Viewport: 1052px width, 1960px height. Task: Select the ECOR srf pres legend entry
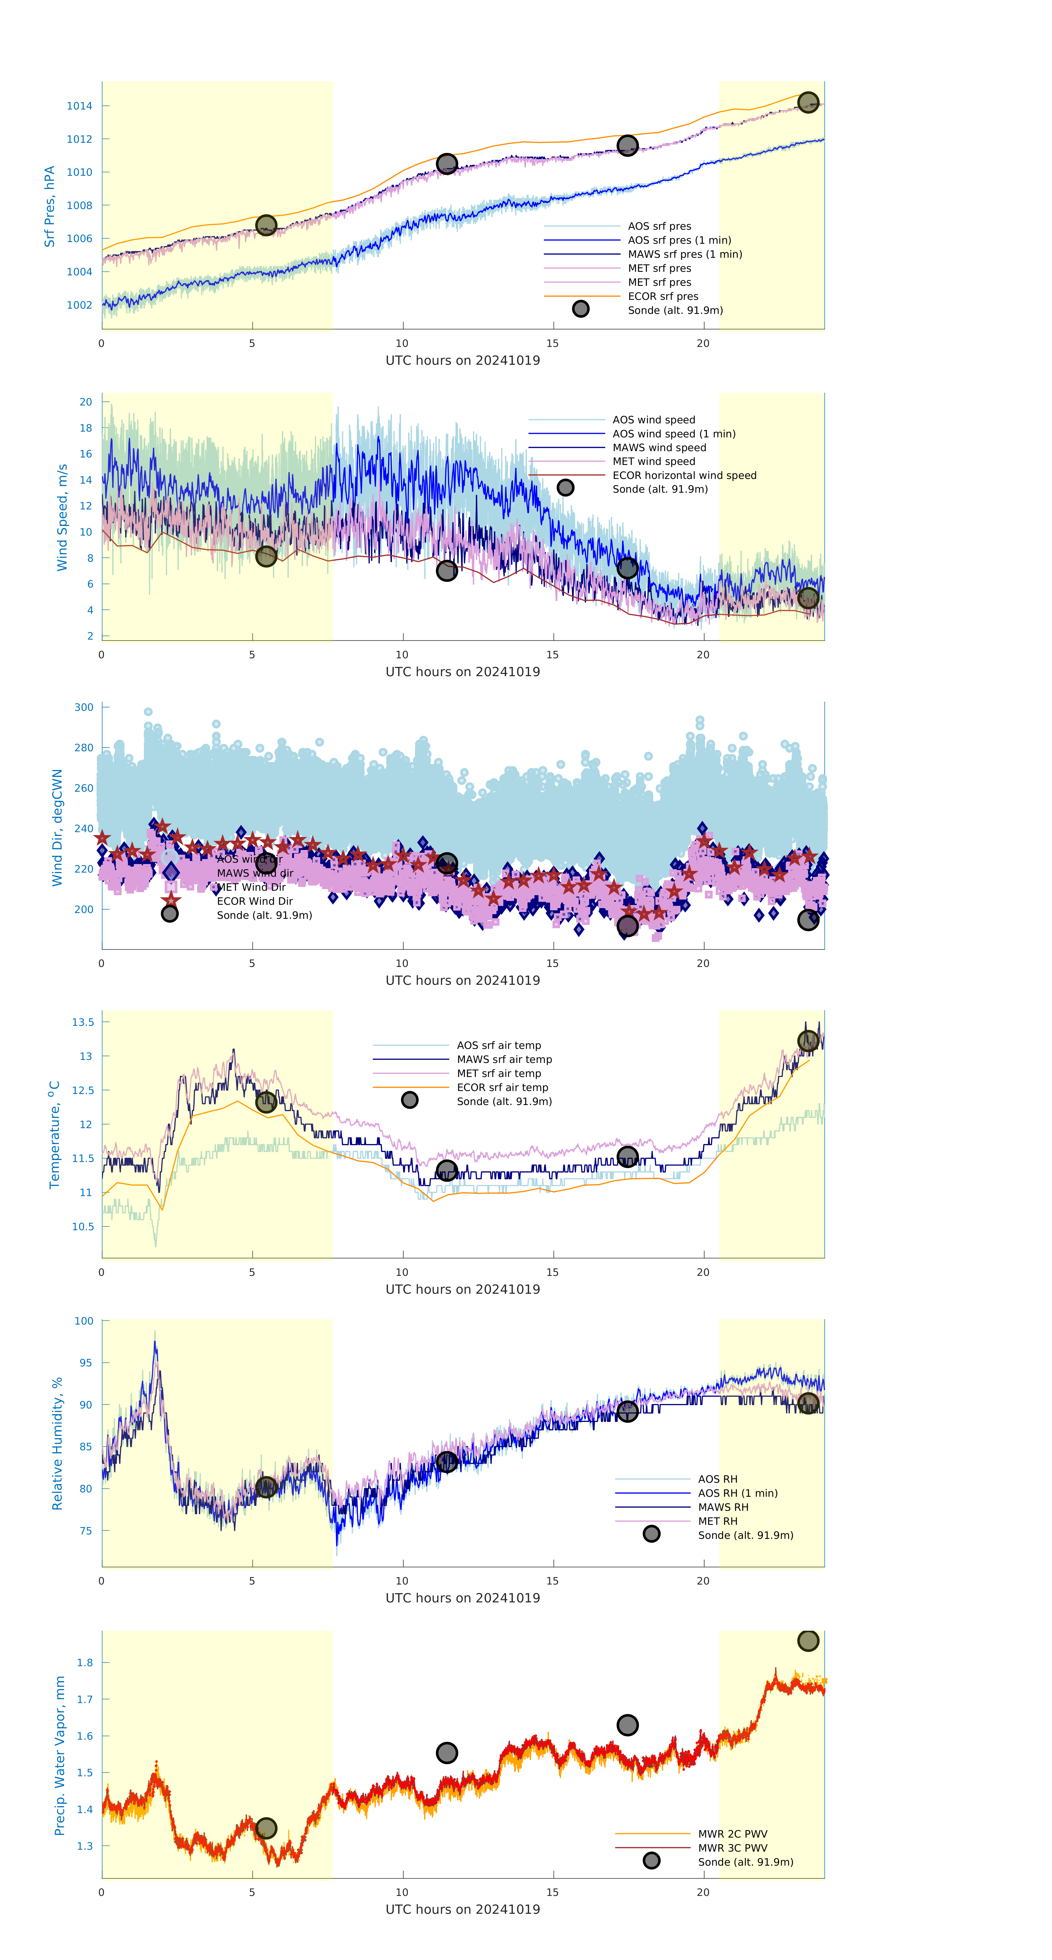[663, 296]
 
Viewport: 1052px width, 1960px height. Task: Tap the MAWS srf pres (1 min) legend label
[685, 254]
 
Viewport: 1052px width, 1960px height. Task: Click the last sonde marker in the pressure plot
[808, 102]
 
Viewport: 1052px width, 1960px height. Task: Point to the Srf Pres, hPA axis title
[50, 206]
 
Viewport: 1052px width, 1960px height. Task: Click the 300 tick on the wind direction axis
[84, 707]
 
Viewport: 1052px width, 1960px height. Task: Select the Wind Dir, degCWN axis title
[57, 827]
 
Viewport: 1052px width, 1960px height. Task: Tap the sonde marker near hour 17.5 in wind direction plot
[627, 925]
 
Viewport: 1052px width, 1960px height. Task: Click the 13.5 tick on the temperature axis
[83, 1022]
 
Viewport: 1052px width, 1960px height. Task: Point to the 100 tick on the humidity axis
[84, 1321]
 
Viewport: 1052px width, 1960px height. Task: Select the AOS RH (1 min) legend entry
[737, 1493]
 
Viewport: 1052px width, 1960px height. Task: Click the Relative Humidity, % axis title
[57, 1443]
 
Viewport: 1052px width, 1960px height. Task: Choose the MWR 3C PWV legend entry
[732, 1847]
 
